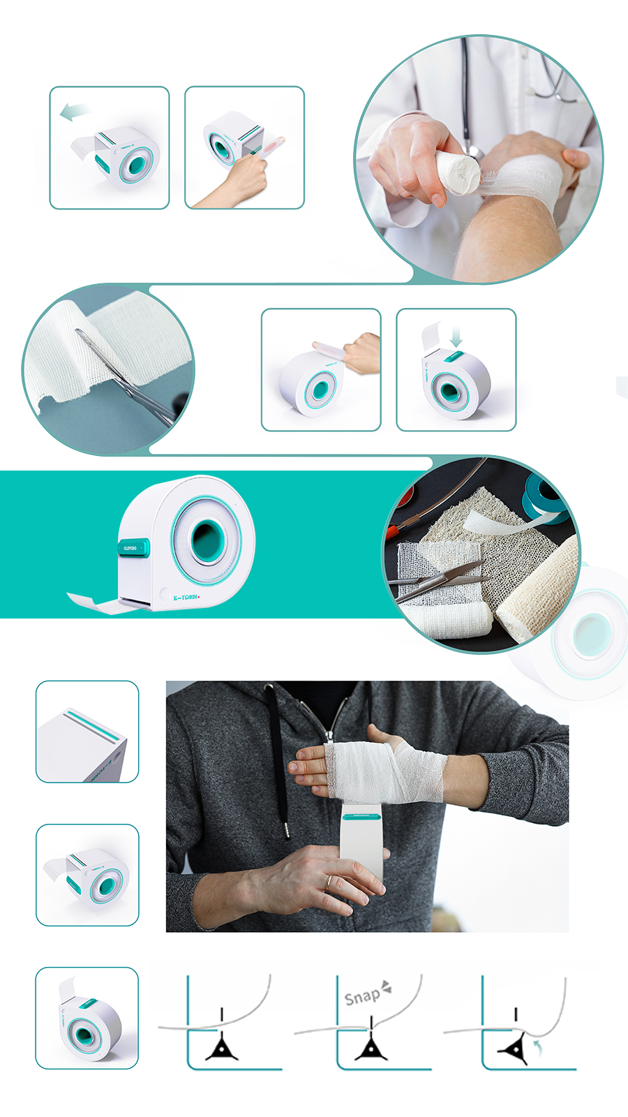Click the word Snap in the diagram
[x=362, y=997]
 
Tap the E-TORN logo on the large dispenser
[x=186, y=598]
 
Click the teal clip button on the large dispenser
[x=133, y=548]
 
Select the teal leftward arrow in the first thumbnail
[x=73, y=112]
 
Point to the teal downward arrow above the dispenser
[x=456, y=338]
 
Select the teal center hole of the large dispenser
[x=207, y=540]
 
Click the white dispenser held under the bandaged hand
[x=362, y=845]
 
